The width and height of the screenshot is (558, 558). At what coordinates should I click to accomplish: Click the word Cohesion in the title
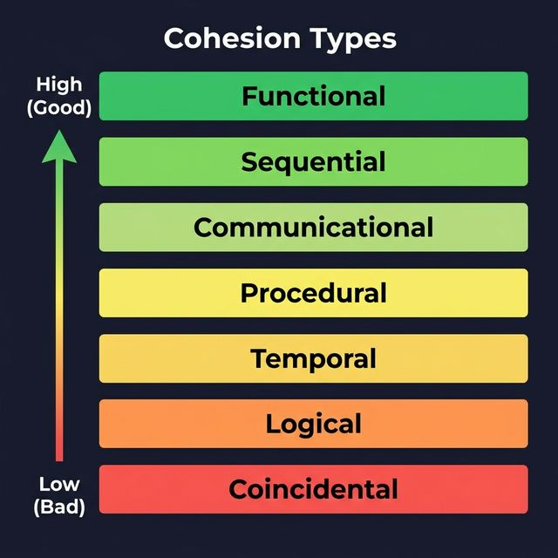223,38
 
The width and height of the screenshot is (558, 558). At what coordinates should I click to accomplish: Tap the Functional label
313,96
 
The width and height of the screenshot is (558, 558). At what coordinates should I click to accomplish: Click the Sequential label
313,162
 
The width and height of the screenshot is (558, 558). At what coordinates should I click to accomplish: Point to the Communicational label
313,228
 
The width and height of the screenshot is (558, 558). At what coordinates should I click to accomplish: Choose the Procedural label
313,293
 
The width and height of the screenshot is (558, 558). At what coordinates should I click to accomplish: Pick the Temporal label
313,358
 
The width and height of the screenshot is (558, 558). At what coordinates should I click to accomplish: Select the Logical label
313,425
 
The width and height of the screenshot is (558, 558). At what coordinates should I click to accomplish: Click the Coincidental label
313,489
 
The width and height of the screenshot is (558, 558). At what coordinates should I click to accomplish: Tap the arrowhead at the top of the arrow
59,146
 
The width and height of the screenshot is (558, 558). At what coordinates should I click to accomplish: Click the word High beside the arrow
59,85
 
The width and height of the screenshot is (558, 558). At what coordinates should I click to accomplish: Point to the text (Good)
59,108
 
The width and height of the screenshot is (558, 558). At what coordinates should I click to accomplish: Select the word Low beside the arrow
59,484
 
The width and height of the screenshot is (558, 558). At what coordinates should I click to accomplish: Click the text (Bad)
59,507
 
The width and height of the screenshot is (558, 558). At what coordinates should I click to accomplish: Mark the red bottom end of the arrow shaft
59,453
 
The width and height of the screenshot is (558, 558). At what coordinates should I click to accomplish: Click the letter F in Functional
249,96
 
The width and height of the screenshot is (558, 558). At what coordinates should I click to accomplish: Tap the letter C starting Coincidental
238,489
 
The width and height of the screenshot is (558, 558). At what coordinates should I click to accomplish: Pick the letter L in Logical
272,425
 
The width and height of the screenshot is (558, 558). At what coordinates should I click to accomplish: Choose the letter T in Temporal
259,358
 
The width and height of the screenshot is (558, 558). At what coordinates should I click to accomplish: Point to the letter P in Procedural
249,293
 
